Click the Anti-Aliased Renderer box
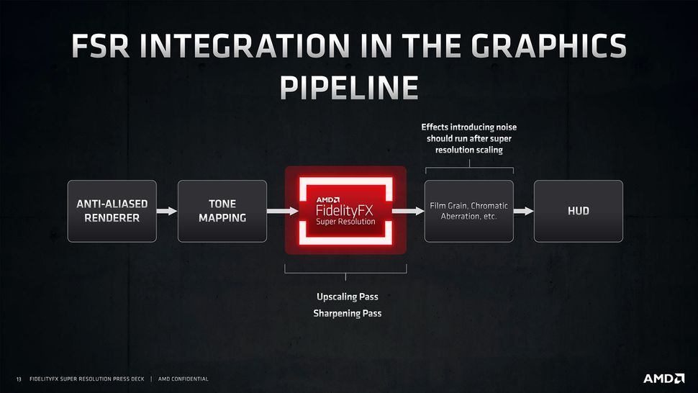pos(112,211)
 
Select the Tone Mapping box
pos(222,211)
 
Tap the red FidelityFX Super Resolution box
pos(345,210)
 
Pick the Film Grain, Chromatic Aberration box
pos(468,211)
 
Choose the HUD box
pos(578,211)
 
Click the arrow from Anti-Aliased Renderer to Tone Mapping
pos(167,211)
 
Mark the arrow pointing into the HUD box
pos(523,211)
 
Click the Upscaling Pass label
pos(347,297)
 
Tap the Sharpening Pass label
pos(347,314)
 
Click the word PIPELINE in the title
pos(348,87)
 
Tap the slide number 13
pos(19,379)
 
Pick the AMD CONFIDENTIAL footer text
pos(183,379)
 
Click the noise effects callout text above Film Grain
pos(468,139)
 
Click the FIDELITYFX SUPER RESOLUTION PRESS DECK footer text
pos(87,379)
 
